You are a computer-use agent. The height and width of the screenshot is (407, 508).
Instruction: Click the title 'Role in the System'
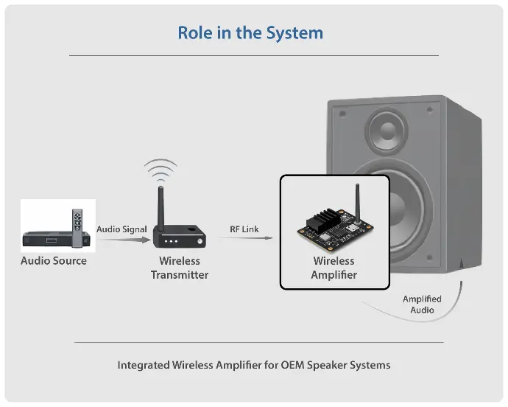tap(250, 33)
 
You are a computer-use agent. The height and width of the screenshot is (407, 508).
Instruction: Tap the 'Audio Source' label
tap(54, 261)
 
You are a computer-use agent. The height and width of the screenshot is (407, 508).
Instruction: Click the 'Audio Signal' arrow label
tap(122, 229)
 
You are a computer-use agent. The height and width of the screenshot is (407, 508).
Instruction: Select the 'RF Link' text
tap(244, 229)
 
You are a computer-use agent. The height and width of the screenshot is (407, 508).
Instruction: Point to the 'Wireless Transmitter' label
tap(180, 268)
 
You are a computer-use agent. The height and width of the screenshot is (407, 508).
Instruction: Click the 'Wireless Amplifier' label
tap(334, 268)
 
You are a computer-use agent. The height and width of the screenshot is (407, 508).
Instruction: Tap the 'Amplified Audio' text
tap(422, 305)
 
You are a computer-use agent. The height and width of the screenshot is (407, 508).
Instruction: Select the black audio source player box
tap(46, 237)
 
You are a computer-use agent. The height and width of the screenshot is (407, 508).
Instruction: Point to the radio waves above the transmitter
tap(160, 171)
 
